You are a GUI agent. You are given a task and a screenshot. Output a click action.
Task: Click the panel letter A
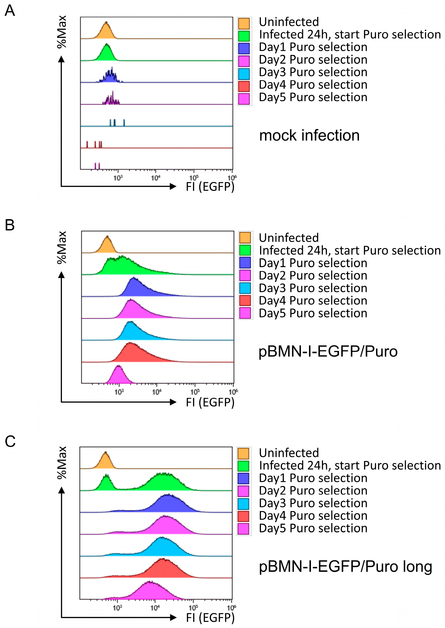point(10,11)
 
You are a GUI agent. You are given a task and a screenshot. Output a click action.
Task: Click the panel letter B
point(10,225)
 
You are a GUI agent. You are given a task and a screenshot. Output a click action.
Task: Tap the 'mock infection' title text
point(309,135)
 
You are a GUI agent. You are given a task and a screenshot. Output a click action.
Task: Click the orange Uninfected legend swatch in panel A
point(244,23)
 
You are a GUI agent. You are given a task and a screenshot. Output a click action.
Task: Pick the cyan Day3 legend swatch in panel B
point(245,288)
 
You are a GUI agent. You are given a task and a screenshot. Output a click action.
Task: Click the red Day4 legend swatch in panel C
point(243,516)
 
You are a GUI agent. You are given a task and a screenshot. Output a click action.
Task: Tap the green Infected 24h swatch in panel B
point(245,250)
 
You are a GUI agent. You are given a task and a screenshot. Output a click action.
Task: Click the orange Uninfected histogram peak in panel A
point(106,30)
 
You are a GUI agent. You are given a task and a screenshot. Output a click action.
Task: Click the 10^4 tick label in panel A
point(155,178)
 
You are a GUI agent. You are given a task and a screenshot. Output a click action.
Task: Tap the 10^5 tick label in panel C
point(193,608)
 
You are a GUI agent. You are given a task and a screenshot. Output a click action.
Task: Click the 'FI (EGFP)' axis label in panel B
point(210,402)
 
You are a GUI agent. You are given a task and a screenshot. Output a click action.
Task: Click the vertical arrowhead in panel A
point(62,59)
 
